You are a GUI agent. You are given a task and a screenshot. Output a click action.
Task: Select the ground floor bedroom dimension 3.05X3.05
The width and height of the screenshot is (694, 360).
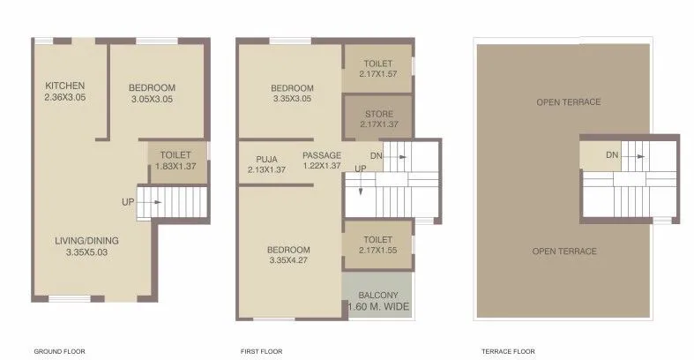(152, 100)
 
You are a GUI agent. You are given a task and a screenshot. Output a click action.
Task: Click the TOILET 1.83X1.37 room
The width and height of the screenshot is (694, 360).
(176, 160)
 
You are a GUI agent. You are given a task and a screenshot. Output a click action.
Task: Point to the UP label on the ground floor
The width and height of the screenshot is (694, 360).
(128, 202)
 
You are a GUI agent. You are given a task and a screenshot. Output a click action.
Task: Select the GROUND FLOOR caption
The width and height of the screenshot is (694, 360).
(59, 351)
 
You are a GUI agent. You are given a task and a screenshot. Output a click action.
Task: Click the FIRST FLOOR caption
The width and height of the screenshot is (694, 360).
(262, 351)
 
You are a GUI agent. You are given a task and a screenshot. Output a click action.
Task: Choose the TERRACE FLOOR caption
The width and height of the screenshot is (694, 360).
(504, 351)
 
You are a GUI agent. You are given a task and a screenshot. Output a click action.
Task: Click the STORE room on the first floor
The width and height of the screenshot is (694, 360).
(378, 119)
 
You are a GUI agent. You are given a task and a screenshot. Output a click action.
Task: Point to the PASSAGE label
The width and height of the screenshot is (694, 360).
(321, 155)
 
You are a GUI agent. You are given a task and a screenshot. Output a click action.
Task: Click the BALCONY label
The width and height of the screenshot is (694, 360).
(377, 295)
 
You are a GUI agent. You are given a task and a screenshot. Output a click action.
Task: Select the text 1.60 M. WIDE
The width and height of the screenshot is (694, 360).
(377, 307)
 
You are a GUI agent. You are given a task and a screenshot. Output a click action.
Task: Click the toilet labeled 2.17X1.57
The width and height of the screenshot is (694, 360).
(377, 68)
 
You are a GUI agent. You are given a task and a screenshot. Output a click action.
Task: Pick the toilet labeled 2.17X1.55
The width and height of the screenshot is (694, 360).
(377, 244)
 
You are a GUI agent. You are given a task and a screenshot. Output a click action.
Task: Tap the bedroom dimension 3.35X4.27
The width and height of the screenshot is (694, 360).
(289, 259)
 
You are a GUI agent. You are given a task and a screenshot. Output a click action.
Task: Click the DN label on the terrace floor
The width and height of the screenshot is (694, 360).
(612, 156)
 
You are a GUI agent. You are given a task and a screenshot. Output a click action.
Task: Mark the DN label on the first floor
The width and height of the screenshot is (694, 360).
(377, 156)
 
